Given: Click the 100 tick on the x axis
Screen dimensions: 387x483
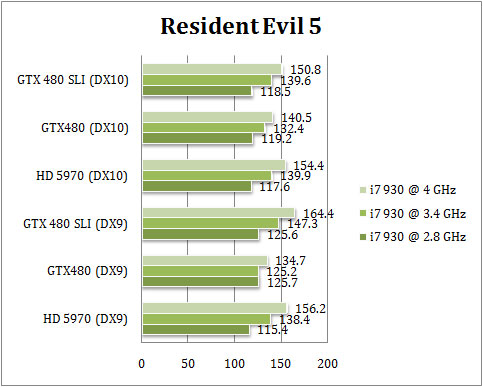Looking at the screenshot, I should click(234, 362).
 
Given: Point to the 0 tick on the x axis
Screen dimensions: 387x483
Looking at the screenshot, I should click(142, 362).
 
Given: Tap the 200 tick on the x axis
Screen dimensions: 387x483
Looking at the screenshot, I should click(327, 362).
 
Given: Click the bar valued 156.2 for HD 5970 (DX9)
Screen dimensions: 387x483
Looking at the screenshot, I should click(214, 307).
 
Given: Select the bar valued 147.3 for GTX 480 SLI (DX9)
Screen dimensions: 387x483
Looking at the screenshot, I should click(210, 223).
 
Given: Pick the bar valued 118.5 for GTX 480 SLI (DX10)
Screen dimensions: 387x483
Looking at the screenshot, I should click(196, 91).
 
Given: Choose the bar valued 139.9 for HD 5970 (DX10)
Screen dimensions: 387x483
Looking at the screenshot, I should click(206, 175).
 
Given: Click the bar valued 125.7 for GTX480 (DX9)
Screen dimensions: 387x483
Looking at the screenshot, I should click(200, 281).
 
